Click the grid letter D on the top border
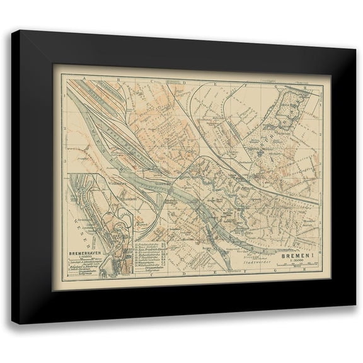coord(183,83)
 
